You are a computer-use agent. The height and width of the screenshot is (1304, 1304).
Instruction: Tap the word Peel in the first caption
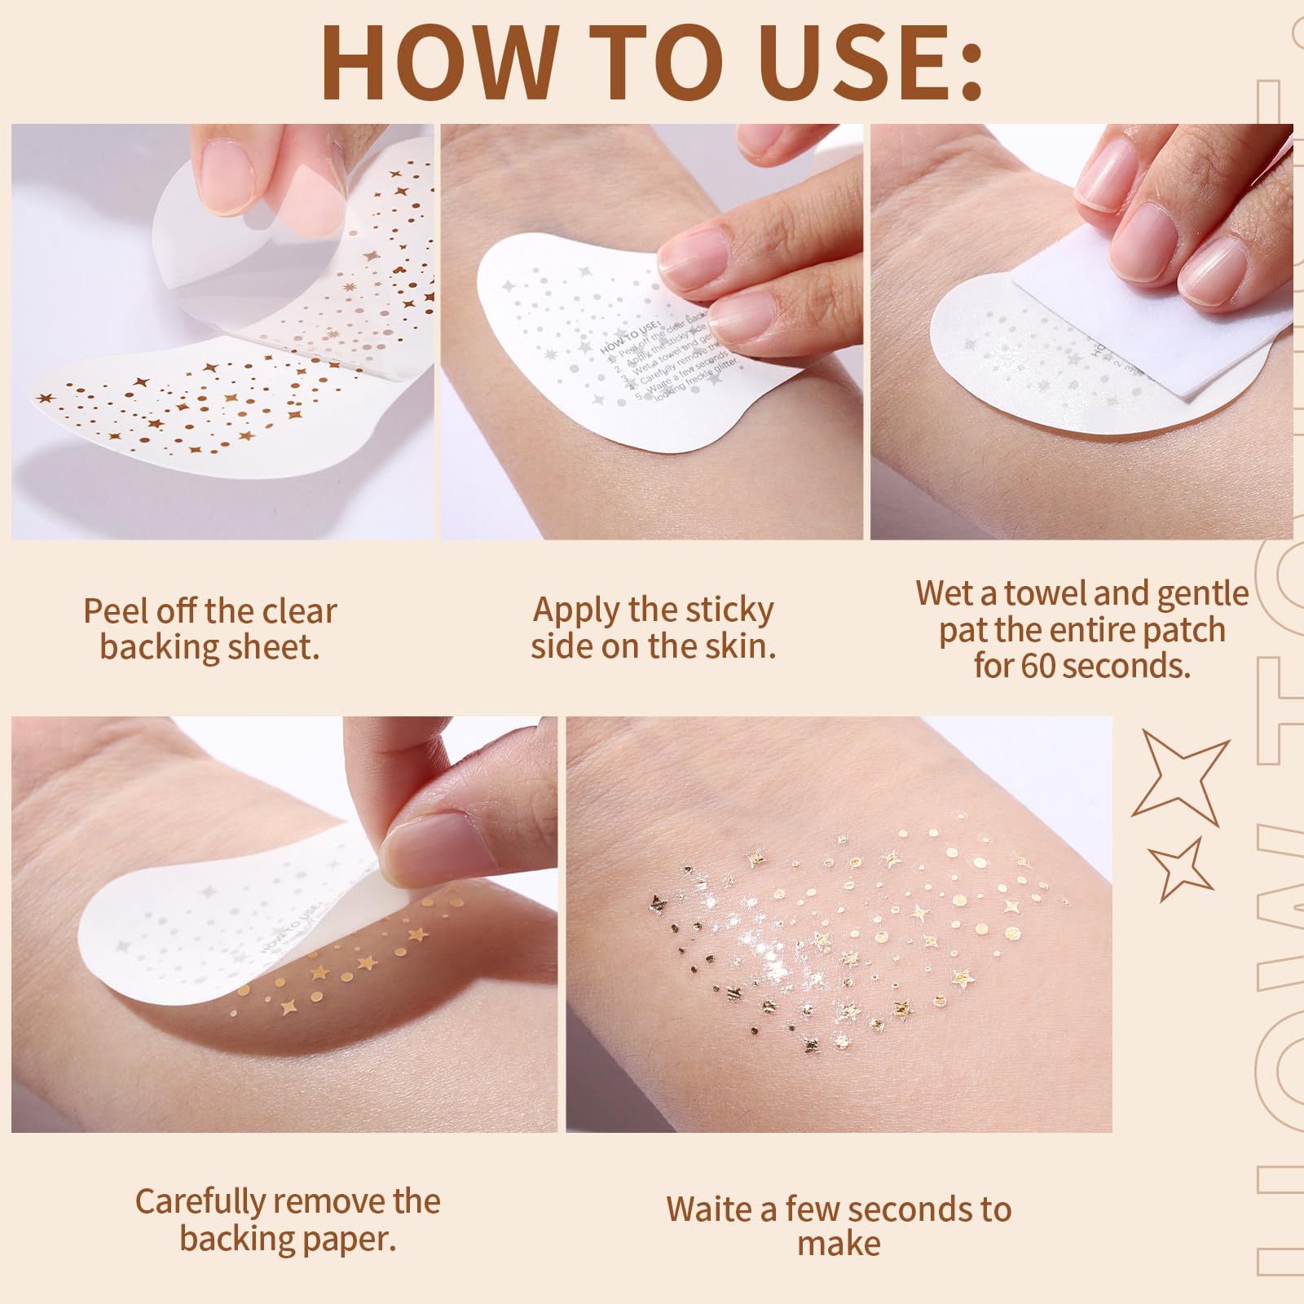(x=115, y=611)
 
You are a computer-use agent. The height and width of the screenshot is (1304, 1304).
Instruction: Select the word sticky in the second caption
(x=729, y=610)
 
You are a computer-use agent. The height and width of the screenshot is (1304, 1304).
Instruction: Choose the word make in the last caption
(x=839, y=1245)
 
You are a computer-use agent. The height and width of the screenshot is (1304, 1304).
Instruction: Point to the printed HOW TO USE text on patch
(x=632, y=336)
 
